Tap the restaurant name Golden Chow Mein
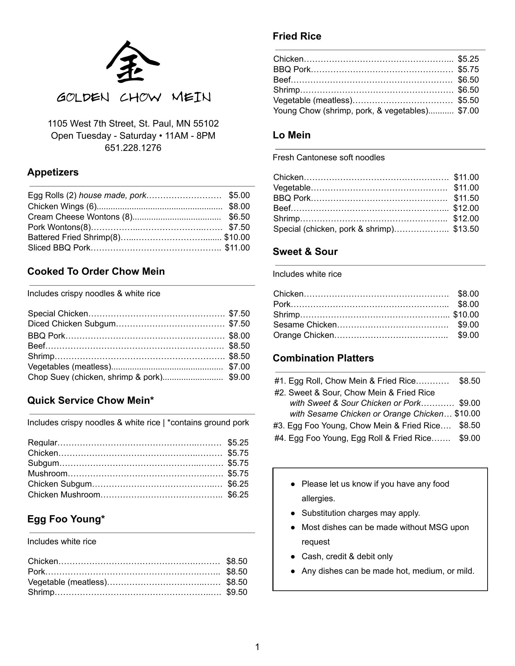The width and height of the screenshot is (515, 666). (x=134, y=97)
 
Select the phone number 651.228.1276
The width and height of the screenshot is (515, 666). (x=133, y=148)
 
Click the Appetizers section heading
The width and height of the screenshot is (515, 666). (x=53, y=172)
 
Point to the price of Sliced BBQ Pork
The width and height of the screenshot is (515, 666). (x=237, y=248)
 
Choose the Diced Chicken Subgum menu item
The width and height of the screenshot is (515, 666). (x=71, y=324)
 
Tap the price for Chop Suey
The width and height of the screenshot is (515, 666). (x=239, y=377)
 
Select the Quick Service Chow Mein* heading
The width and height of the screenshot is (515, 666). (x=91, y=400)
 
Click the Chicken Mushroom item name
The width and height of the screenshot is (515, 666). (x=64, y=495)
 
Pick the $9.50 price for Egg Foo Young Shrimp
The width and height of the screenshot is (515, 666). (x=237, y=592)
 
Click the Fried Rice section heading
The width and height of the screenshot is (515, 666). (x=297, y=36)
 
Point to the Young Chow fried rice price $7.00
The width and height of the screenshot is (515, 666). (x=468, y=111)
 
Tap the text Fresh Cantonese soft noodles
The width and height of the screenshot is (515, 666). (x=329, y=157)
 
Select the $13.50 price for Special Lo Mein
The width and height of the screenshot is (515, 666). (x=466, y=229)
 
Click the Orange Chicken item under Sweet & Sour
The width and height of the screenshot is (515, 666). (x=303, y=335)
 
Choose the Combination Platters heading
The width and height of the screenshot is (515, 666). (x=323, y=358)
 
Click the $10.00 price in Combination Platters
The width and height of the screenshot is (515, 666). (x=467, y=413)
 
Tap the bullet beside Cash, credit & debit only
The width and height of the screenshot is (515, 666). (x=293, y=556)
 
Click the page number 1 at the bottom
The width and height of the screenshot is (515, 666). (x=257, y=647)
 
